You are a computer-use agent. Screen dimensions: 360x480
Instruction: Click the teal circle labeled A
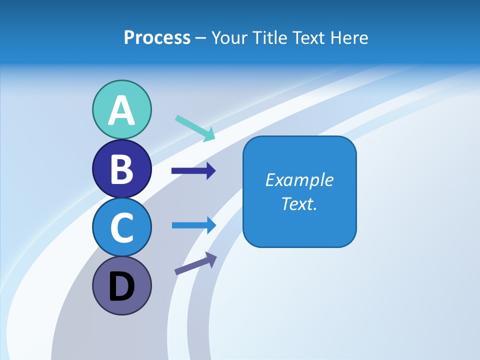(121, 109)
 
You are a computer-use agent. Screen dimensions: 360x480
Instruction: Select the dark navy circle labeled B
(121, 168)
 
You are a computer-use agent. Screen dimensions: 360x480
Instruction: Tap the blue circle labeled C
(121, 227)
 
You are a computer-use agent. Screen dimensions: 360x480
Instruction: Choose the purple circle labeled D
(121, 285)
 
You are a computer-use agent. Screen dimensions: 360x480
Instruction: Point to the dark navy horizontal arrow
(193, 171)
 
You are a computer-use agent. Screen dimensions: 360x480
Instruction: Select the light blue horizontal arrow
(193, 225)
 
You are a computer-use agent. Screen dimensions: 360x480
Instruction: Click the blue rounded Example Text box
(299, 191)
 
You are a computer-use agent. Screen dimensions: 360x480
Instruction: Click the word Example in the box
(299, 180)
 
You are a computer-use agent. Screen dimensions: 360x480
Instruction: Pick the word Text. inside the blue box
(299, 203)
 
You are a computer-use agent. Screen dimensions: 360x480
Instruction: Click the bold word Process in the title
(157, 37)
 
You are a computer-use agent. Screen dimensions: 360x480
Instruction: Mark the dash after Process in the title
(201, 38)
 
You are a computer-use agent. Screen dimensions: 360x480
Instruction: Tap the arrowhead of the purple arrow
(211, 259)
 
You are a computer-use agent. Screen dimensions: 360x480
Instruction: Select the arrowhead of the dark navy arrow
(210, 171)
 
